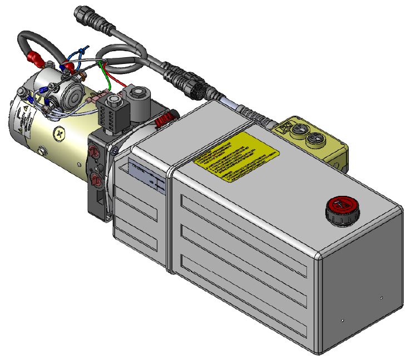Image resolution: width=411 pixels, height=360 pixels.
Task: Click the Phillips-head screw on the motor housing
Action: (x=60, y=134)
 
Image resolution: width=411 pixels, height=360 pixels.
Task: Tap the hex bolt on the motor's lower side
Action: (x=41, y=150)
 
